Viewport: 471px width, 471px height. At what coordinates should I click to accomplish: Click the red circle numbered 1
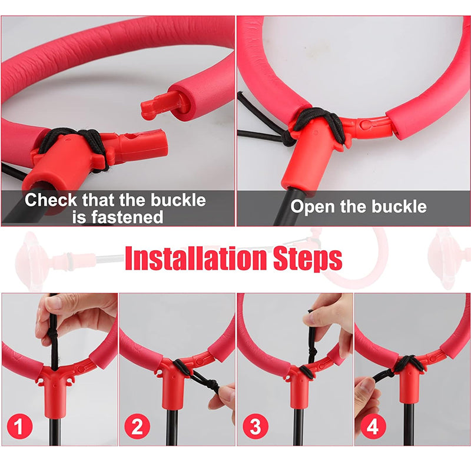(x=19, y=426)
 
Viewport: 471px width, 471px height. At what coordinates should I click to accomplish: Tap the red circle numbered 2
(x=137, y=426)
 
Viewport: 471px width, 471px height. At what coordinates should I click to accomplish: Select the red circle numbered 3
(x=256, y=426)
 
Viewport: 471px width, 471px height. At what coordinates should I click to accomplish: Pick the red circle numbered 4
(x=373, y=426)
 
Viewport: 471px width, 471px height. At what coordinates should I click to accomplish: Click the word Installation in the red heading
(x=195, y=258)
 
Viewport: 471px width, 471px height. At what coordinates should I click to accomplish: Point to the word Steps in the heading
(x=307, y=259)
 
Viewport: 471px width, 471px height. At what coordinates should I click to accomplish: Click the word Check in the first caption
(x=51, y=200)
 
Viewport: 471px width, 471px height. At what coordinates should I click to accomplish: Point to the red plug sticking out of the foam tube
(x=161, y=105)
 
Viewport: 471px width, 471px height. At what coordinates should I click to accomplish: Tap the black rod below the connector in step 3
(x=298, y=426)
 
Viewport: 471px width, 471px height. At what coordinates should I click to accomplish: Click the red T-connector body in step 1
(x=55, y=387)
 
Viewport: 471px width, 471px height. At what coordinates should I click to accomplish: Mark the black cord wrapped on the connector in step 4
(x=408, y=363)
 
